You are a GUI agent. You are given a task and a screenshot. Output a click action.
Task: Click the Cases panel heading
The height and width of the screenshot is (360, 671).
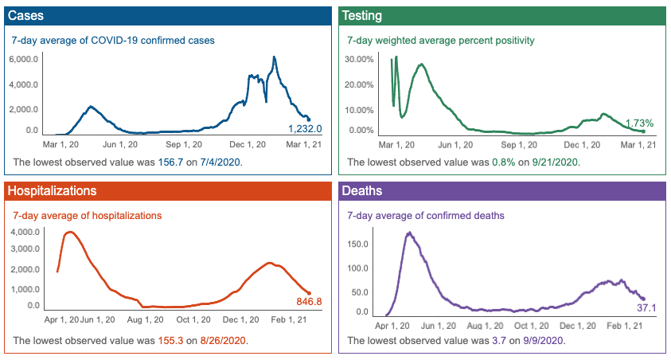pyautogui.click(x=25, y=16)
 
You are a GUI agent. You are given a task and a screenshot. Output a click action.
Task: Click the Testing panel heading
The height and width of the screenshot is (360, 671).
pyautogui.click(x=364, y=16)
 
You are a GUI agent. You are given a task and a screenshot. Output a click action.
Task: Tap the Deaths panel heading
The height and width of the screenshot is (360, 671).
pyautogui.click(x=363, y=191)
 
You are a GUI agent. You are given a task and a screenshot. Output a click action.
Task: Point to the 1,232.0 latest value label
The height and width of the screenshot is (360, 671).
pyautogui.click(x=305, y=129)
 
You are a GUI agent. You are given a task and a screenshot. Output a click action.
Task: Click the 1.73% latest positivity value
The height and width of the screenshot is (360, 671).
pyautogui.click(x=639, y=123)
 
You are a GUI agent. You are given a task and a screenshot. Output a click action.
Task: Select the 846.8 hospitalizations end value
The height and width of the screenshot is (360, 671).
pyautogui.click(x=307, y=302)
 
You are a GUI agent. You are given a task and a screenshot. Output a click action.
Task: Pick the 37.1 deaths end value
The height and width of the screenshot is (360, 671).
pyautogui.click(x=646, y=307)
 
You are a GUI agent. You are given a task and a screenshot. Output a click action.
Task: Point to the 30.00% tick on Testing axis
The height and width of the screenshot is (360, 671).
pyautogui.click(x=359, y=59)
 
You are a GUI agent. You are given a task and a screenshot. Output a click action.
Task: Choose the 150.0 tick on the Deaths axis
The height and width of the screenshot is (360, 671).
pyautogui.click(x=364, y=243)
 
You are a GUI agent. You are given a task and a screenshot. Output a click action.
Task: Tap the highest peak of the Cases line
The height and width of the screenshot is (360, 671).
pyautogui.click(x=275, y=57)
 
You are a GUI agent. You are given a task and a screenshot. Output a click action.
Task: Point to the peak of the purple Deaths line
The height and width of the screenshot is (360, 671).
pyautogui.click(x=409, y=233)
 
